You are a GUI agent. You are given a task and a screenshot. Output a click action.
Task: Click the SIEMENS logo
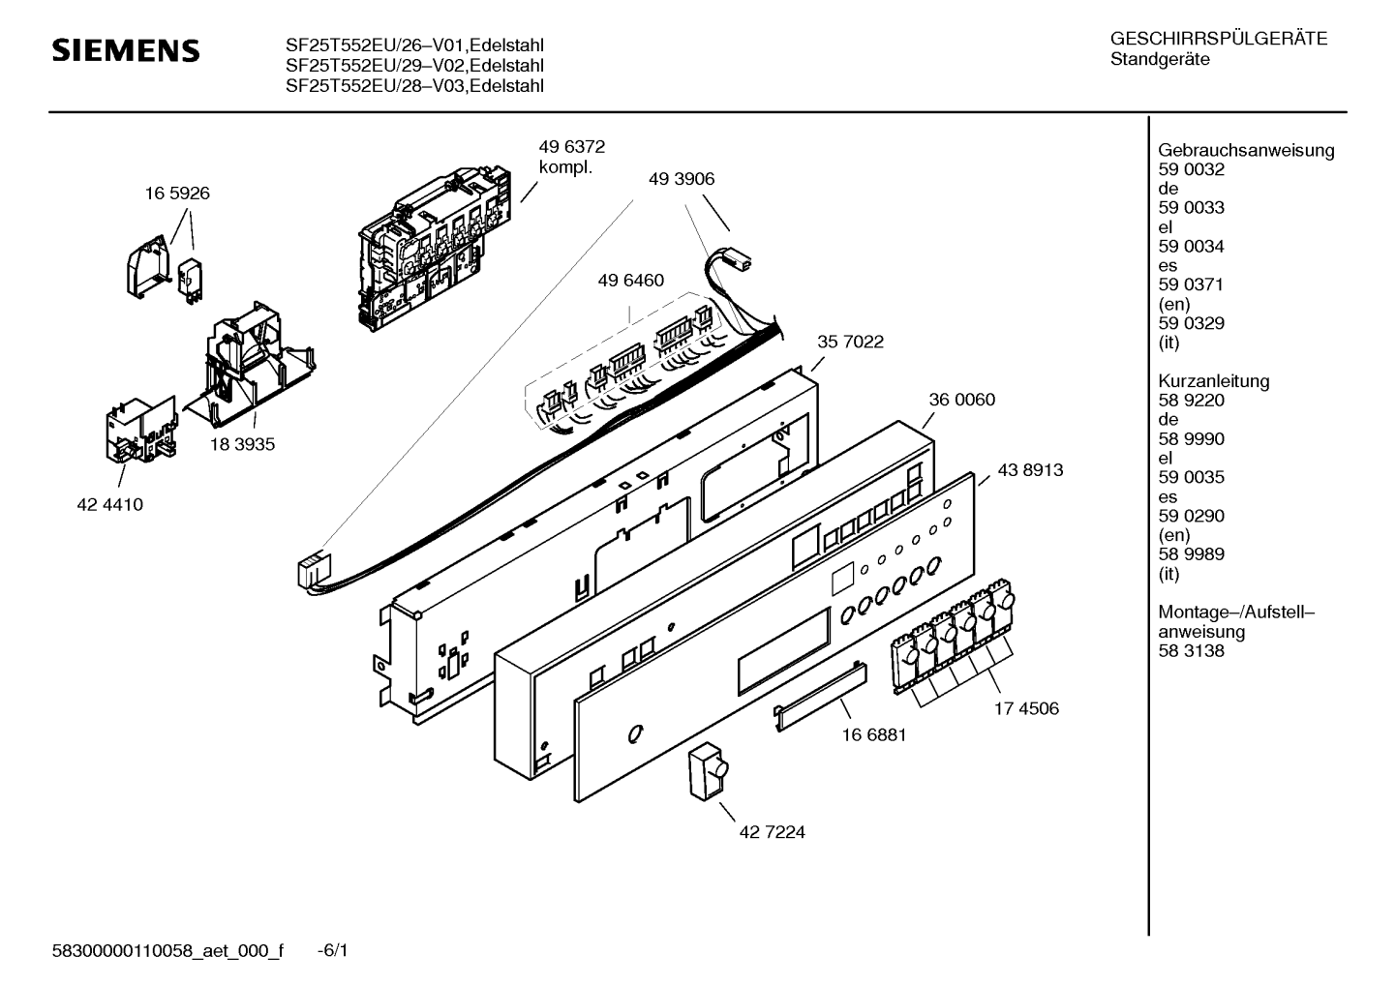tap(125, 50)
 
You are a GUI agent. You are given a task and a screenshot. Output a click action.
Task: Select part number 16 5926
tap(177, 194)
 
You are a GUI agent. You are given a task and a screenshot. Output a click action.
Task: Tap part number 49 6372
tap(571, 147)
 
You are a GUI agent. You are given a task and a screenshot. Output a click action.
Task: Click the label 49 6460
tap(630, 281)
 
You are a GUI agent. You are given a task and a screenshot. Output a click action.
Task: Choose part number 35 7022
tap(850, 342)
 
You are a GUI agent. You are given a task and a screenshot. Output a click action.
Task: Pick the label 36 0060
tap(961, 400)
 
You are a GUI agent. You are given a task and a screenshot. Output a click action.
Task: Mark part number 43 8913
tap(1030, 470)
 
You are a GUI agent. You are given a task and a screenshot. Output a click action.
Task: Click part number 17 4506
tap(1025, 708)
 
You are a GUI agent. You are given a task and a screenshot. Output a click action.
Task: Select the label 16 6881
tap(873, 734)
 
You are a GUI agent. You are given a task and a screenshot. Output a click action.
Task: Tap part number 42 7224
tap(772, 832)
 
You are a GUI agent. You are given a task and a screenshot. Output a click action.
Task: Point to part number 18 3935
tap(242, 445)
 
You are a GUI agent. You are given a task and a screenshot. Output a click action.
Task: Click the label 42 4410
tap(110, 504)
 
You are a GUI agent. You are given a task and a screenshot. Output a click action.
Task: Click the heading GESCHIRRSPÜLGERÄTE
tap(1218, 40)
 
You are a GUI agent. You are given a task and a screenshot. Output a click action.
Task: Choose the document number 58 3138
tap(1191, 651)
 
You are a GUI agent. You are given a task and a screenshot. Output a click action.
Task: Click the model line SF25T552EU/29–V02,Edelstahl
tap(413, 66)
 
